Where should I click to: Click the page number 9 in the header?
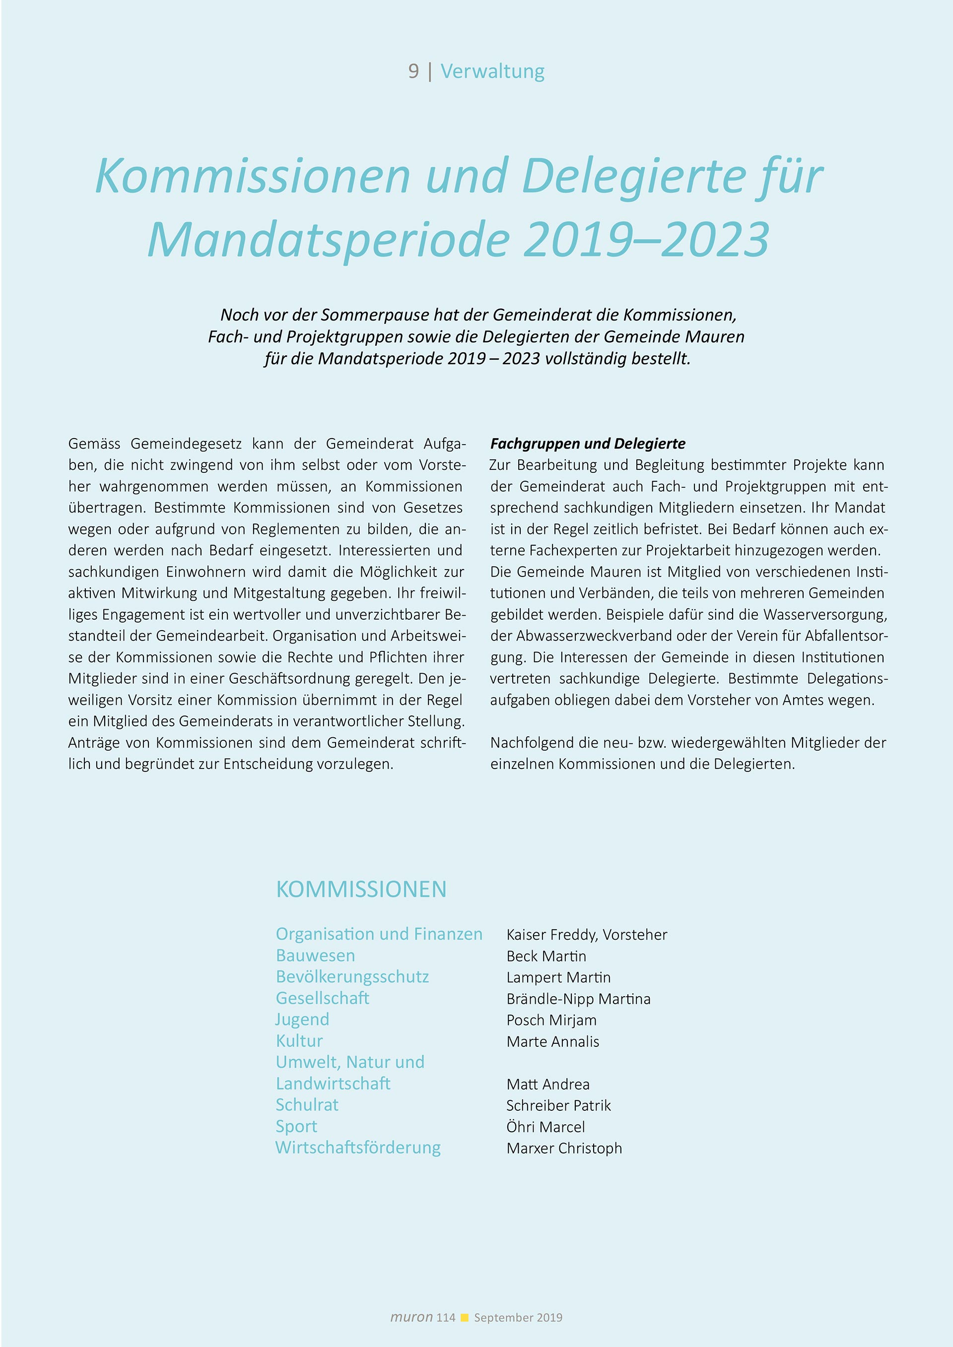point(413,71)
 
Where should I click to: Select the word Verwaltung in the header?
point(492,71)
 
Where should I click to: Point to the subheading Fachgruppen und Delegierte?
point(587,444)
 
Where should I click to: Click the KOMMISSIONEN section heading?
point(361,890)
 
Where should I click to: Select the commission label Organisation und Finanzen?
point(379,934)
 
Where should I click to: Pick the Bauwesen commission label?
point(315,956)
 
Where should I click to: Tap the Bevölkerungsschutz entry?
point(352,977)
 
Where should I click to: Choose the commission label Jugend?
point(302,1020)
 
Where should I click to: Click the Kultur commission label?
point(299,1041)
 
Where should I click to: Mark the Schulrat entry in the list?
point(307,1105)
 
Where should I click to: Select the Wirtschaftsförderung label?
point(358,1148)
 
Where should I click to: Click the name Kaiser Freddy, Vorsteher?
point(586,935)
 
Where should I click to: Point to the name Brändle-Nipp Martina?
point(578,999)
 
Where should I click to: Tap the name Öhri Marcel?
point(545,1127)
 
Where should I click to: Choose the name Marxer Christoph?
point(564,1148)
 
